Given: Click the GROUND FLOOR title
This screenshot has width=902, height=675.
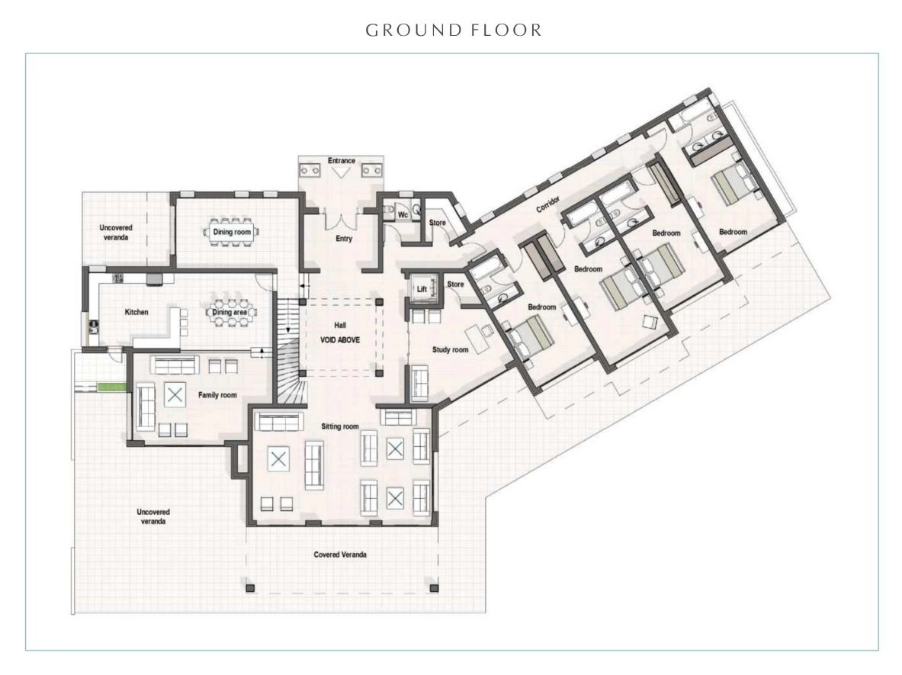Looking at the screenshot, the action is tap(454, 30).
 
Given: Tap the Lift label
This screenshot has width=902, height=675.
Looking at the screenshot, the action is tap(422, 290).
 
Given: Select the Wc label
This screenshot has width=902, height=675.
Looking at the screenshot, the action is tap(403, 215).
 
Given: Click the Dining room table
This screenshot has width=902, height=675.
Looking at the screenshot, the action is tap(231, 232).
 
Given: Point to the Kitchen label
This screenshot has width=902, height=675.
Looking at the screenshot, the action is tap(136, 312).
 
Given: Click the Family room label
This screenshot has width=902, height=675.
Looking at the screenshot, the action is tap(217, 395).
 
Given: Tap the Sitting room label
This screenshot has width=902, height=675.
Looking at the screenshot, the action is tap(340, 426).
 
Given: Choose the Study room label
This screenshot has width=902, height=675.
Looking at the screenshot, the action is tap(451, 349).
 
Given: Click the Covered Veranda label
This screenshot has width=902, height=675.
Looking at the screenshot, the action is tap(340, 554).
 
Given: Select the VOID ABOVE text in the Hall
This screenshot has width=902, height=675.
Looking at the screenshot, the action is tap(340, 340).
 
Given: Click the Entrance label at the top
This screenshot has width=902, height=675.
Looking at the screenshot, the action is tap(342, 160).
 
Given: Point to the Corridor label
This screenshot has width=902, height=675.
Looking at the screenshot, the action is tap(547, 204).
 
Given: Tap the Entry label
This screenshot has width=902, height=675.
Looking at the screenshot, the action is tap(344, 238).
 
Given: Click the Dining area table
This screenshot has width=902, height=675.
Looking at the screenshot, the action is tap(231, 313).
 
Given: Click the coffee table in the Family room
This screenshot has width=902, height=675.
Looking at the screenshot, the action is tap(175, 395).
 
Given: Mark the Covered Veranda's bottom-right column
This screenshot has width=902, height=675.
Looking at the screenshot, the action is tap(435, 588).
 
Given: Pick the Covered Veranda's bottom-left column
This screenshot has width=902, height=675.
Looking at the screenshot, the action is tap(249, 588).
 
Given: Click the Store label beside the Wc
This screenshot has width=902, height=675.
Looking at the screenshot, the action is tap(437, 223).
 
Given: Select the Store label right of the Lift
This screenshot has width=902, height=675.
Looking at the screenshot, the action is tap(456, 284).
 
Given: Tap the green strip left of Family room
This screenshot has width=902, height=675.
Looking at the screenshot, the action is tap(111, 387).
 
